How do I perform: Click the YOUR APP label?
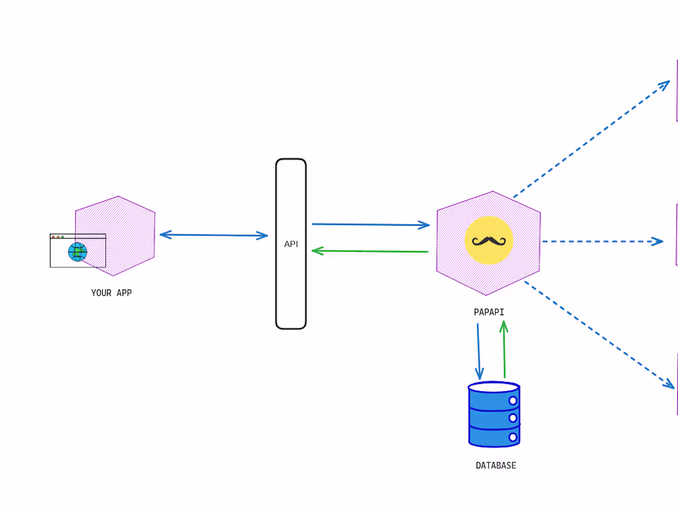click(112, 293)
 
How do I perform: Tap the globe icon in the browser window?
click(78, 252)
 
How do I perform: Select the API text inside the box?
click(291, 244)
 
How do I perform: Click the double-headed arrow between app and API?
click(214, 235)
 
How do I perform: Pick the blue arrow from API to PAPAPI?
click(370, 225)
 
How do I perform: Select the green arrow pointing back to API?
click(370, 251)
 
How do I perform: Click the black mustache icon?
click(489, 241)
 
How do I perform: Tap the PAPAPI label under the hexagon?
click(489, 312)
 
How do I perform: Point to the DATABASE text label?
click(496, 465)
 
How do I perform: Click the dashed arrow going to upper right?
click(592, 139)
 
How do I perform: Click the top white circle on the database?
click(513, 401)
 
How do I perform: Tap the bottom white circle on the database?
click(513, 437)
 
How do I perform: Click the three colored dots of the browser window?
click(58, 237)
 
